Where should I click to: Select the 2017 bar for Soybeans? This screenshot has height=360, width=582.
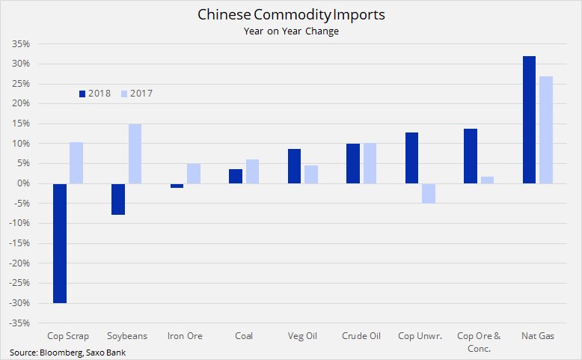pyautogui.click(x=135, y=153)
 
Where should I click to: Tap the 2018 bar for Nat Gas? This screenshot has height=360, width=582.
pyautogui.click(x=529, y=120)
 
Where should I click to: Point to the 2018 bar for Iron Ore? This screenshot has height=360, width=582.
pyautogui.click(x=177, y=186)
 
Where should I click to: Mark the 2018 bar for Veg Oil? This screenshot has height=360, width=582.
pyautogui.click(x=294, y=166)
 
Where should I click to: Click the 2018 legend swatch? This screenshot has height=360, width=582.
pyautogui.click(x=82, y=94)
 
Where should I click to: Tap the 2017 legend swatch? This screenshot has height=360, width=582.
pyautogui.click(x=124, y=94)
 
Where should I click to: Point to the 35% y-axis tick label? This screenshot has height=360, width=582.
pyautogui.click(x=20, y=43)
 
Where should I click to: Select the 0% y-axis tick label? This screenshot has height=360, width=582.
pyautogui.click(x=23, y=183)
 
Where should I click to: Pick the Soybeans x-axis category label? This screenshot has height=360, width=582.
pyautogui.click(x=127, y=336)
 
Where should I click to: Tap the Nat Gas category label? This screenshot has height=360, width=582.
pyautogui.click(x=536, y=336)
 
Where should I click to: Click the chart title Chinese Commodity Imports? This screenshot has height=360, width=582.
pyautogui.click(x=291, y=15)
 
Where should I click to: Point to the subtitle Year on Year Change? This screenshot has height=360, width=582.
pyautogui.click(x=291, y=31)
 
